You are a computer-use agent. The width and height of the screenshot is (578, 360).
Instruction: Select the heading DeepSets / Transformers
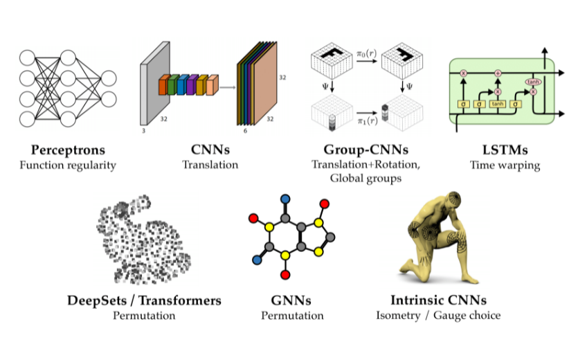pyautogui.click(x=145, y=300)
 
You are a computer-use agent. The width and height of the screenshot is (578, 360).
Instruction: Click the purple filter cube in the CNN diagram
pyautogui.click(x=192, y=85)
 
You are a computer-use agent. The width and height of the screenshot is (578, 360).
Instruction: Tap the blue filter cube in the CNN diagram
pyautogui.click(x=182, y=85)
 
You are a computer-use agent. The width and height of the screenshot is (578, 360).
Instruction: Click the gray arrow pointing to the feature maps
pyautogui.click(x=228, y=87)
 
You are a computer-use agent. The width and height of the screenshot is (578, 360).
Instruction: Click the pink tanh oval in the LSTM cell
pyautogui.click(x=533, y=81)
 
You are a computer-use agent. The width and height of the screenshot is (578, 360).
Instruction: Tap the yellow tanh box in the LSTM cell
pyautogui.click(x=497, y=104)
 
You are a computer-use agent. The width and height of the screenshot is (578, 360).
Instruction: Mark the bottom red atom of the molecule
pyautogui.click(x=285, y=275)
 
